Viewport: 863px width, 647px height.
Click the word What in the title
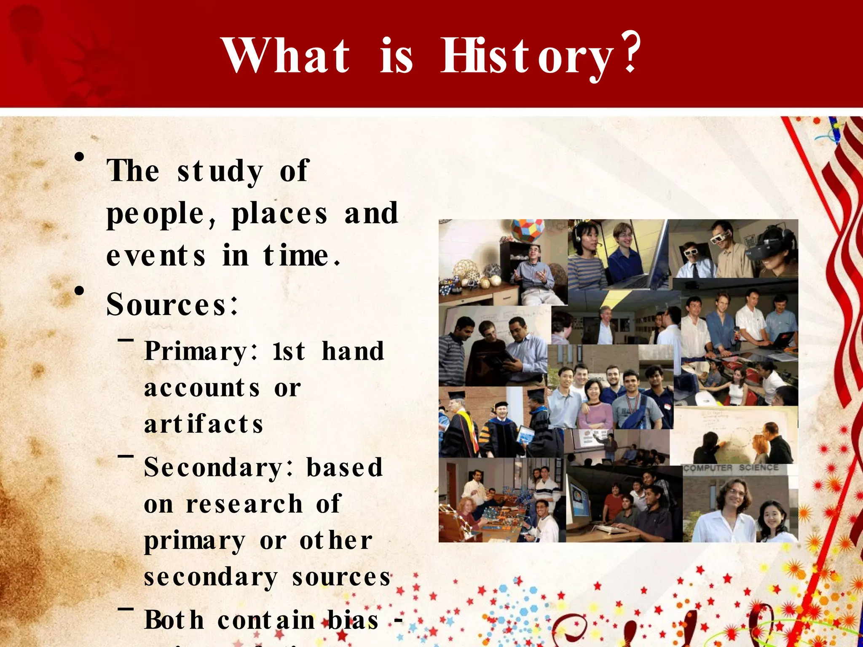pos(286,56)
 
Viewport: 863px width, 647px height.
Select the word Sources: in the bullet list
pos(172,304)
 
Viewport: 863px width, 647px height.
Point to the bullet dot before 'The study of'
pos(79,158)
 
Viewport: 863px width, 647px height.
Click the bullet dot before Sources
pos(79,291)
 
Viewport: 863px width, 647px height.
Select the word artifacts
pos(204,424)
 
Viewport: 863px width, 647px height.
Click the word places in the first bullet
pos(279,214)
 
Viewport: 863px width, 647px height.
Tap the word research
pos(244,504)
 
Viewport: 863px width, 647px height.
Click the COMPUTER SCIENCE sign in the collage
pos(731,468)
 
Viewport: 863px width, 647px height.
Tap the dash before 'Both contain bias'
pos(126,609)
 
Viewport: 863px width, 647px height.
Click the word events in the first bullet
pos(155,256)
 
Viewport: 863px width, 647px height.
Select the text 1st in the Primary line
pos(288,351)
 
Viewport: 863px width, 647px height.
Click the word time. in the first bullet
pos(302,256)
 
